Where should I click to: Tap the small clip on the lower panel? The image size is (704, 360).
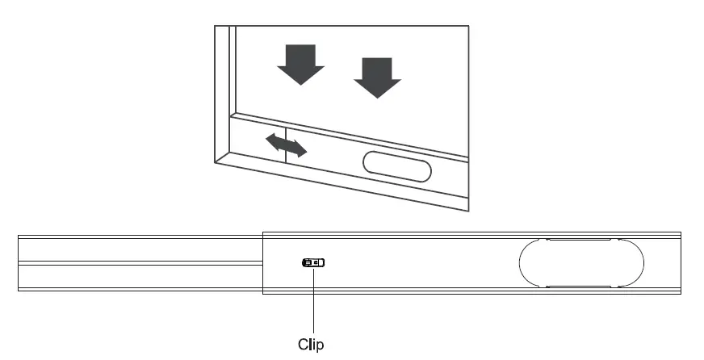click(x=313, y=262)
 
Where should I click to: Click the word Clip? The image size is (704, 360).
click(x=311, y=344)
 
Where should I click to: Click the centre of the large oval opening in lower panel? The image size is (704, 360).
click(x=580, y=262)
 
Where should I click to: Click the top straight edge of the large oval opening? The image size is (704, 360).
click(x=580, y=240)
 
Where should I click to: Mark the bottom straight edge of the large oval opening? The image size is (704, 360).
click(x=580, y=286)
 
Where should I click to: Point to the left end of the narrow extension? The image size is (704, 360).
click(x=19, y=262)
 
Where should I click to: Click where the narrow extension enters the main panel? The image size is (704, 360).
click(x=263, y=262)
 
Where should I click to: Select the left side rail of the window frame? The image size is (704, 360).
click(x=223, y=89)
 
